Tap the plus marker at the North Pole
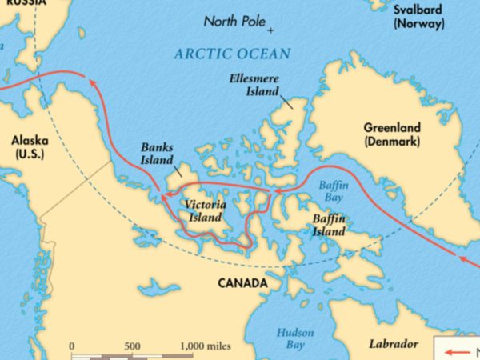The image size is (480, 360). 270,30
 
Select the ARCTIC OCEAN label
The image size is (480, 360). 232,54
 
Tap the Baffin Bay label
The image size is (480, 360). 330,190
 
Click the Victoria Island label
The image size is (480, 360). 205,210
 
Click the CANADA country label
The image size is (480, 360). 242,283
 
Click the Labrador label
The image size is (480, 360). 393,343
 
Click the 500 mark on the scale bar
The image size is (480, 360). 133,346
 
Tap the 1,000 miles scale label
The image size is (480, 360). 206,346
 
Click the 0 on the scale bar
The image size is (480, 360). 73,346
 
